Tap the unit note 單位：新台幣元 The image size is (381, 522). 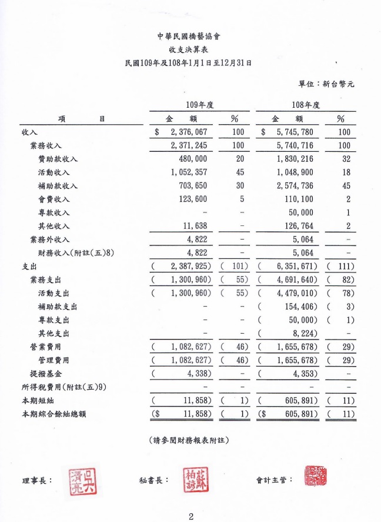coord(326,84)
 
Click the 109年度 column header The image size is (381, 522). coord(199,105)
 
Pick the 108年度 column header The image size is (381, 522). coord(306,105)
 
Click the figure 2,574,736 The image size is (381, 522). coord(296,185)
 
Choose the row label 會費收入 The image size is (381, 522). coord(54,199)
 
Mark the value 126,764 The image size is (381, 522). coord(298,225)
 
